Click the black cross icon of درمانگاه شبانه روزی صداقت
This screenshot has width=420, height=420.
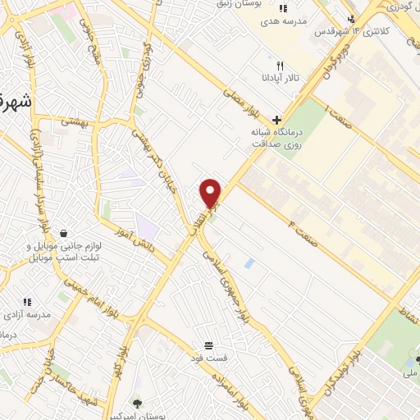click(x=277, y=120)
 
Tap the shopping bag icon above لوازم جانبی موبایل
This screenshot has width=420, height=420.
click(x=62, y=233)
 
